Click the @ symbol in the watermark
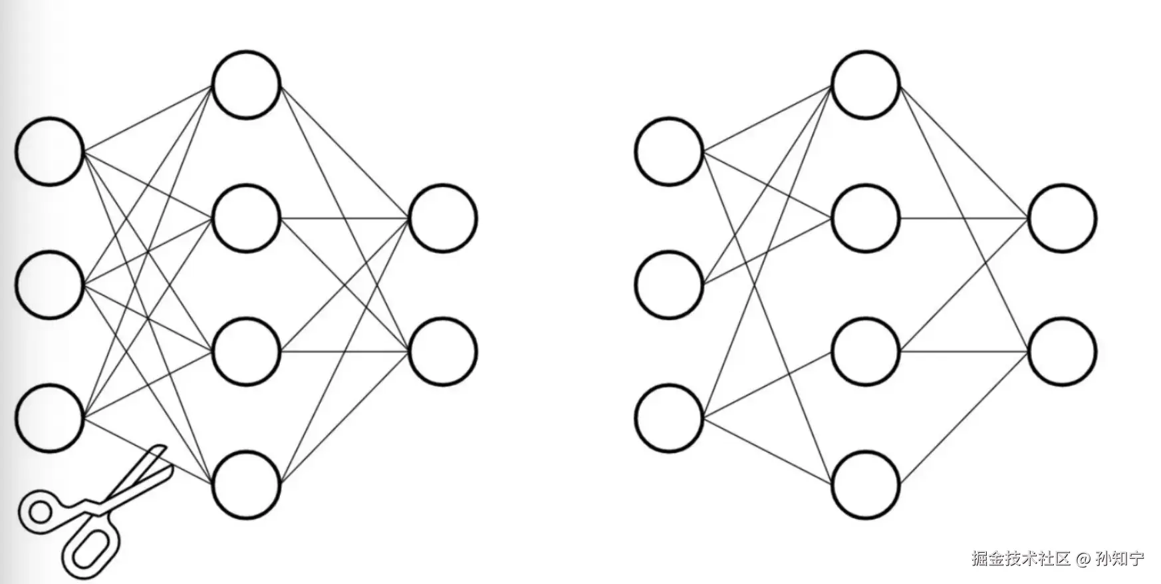click(1083, 559)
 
